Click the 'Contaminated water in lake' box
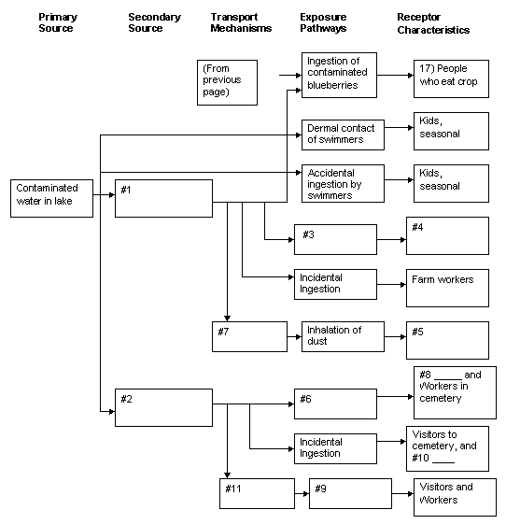click(x=51, y=199)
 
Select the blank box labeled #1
click(x=163, y=199)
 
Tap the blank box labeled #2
click(x=163, y=407)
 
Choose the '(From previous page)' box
click(x=227, y=82)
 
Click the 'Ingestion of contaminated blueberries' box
click(x=339, y=76)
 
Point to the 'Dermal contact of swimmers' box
click(x=343, y=135)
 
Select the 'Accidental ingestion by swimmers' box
click(x=343, y=183)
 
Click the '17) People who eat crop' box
click(x=451, y=78)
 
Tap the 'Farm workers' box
click(x=447, y=288)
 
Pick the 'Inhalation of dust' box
click(x=343, y=336)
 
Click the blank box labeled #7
click(x=249, y=336)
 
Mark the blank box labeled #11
click(x=257, y=493)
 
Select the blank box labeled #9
click(x=350, y=493)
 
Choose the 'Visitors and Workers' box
click(x=455, y=497)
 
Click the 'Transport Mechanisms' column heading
click(x=241, y=22)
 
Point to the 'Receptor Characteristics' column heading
click(x=433, y=23)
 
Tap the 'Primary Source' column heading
click(x=58, y=22)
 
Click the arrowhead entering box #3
click(x=291, y=240)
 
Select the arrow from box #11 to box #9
click(x=302, y=493)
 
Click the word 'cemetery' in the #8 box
click(x=441, y=398)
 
